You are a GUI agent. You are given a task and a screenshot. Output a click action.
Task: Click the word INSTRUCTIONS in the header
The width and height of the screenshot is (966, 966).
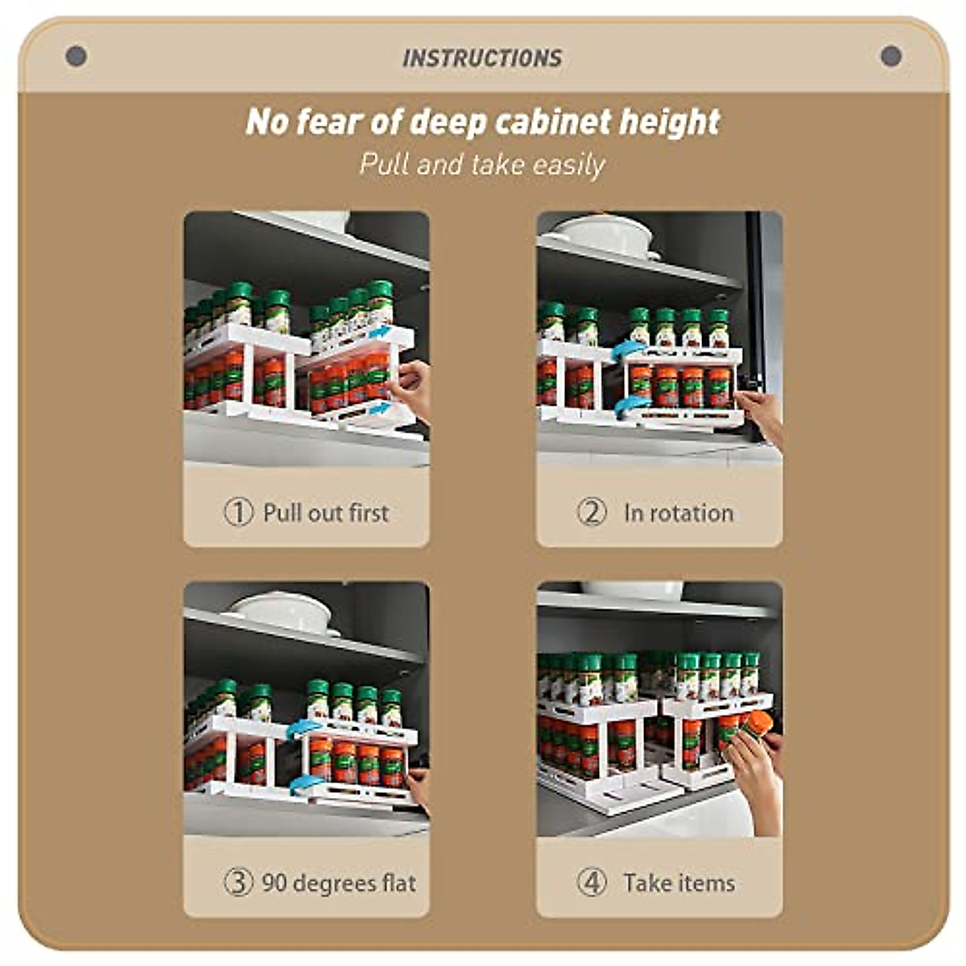coord(482,58)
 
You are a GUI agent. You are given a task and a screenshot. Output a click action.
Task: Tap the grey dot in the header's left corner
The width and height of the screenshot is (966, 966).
coord(76,56)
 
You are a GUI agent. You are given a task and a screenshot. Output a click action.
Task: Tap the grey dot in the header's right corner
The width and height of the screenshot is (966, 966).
coord(890,56)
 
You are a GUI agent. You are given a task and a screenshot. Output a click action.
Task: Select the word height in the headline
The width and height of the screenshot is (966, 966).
coord(670,122)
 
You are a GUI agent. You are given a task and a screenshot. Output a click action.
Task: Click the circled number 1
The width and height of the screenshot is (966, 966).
coord(238,512)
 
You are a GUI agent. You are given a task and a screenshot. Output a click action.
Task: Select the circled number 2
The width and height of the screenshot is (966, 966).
coord(592,512)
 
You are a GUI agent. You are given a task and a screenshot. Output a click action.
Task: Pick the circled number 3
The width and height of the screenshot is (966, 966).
coord(238,882)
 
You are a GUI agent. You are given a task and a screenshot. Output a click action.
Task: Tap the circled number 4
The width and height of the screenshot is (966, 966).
coord(592,882)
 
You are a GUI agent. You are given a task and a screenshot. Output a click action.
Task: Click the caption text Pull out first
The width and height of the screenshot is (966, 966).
coord(326,513)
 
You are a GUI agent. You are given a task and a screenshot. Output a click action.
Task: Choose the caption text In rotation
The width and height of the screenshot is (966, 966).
coord(679,513)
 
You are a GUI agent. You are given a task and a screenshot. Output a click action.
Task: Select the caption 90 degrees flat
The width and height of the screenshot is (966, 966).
coord(339,883)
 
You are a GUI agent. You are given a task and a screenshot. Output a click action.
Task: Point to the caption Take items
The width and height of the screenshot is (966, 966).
coord(679,883)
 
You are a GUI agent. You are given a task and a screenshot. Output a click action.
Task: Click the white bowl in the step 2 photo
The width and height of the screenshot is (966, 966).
coord(605,233)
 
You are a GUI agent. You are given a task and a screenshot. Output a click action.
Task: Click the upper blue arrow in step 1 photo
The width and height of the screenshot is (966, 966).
coord(380,332)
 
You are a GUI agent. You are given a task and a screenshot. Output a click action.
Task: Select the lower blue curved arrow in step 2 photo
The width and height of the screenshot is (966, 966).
coord(630,407)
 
